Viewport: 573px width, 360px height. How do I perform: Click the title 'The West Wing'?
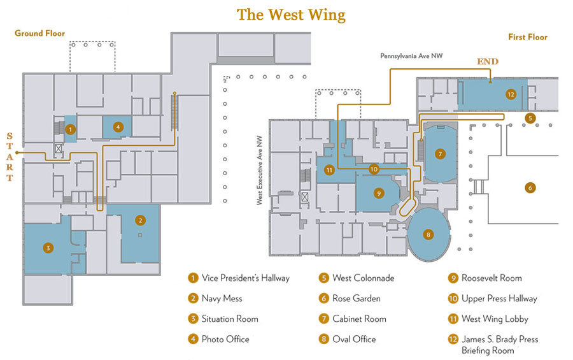click(291, 15)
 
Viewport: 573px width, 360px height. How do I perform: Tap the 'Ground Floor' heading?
click(39, 33)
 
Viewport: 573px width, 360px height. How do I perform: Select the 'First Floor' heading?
click(528, 37)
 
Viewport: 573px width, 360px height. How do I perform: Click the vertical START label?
click(9, 157)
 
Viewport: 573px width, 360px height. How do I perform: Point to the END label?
click(488, 61)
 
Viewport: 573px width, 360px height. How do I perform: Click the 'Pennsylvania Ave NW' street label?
click(411, 56)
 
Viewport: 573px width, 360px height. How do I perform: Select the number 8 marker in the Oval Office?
click(428, 234)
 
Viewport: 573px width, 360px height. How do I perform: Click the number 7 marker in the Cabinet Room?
click(439, 154)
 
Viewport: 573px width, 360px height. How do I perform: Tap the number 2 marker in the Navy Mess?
click(139, 220)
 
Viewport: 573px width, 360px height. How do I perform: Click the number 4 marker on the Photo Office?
click(118, 127)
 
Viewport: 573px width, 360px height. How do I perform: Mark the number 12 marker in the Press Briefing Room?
click(511, 94)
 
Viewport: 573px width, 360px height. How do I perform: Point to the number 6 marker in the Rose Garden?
click(529, 187)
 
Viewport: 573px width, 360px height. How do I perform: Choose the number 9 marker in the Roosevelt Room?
click(378, 193)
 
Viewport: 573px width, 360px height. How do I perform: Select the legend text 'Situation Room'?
click(230, 319)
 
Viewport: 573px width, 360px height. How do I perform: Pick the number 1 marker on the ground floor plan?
click(71, 129)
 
